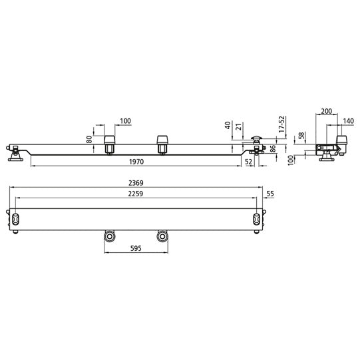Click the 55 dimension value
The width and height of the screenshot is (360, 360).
click(x=270, y=194)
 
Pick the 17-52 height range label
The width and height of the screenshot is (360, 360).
click(x=281, y=126)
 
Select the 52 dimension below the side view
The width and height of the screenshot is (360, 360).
click(x=248, y=162)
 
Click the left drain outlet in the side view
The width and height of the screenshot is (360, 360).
click(x=109, y=143)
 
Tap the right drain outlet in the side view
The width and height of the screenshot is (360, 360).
click(x=162, y=143)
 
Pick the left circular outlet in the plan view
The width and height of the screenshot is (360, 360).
click(x=109, y=236)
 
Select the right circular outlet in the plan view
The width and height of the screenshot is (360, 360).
click(x=161, y=236)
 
